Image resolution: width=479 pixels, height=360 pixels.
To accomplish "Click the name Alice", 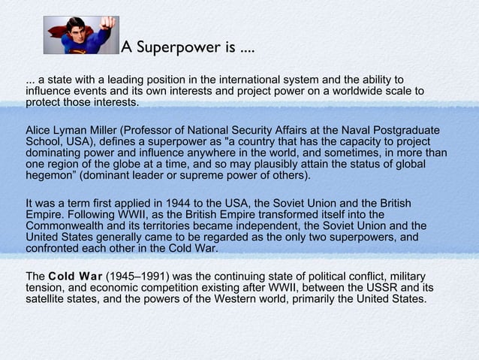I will (x=38, y=131).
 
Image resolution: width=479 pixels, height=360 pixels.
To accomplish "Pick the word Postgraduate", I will (x=409, y=131).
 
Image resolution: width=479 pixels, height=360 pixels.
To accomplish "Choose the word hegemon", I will (x=48, y=176).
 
